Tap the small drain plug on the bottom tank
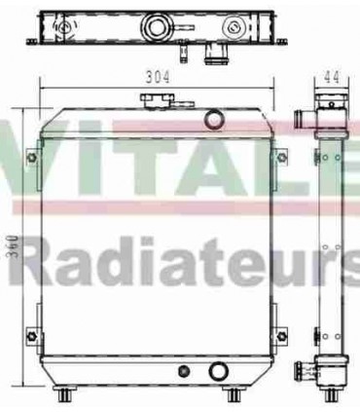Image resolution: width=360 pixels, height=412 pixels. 185,370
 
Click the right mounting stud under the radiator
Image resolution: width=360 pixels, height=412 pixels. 234,394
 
